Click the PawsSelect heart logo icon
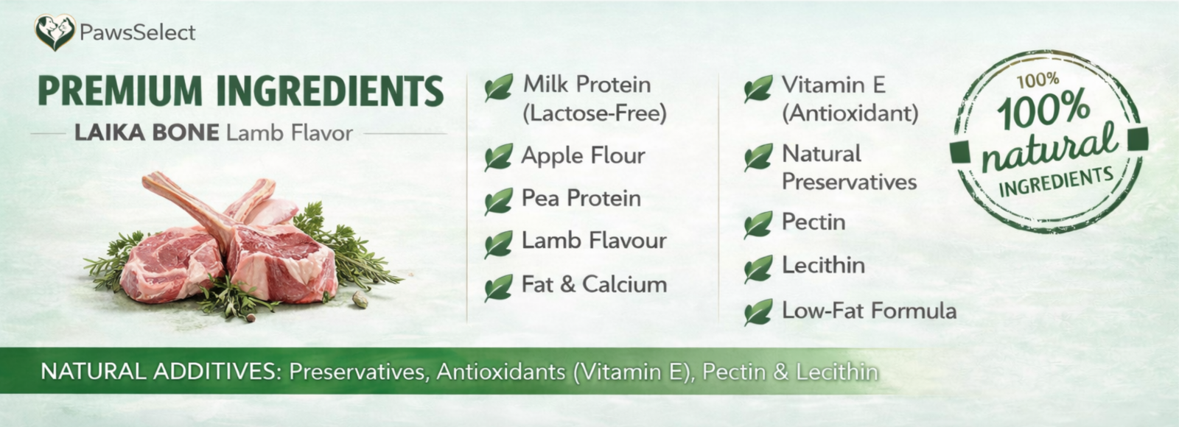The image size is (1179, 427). [x=55, y=32]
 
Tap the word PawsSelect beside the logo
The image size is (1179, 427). [x=137, y=32]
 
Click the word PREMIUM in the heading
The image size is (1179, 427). [x=120, y=91]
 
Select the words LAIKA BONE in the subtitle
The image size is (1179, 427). [x=147, y=133]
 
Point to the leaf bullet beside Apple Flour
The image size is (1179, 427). [x=498, y=157]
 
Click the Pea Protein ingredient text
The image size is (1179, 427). [x=581, y=198]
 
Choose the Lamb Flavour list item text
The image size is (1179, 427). [x=594, y=241]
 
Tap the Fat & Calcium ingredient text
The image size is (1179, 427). [x=594, y=284]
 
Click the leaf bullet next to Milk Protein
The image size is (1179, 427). [x=498, y=88]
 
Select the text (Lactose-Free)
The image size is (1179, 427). [x=595, y=113]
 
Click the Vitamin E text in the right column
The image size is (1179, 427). [x=833, y=85]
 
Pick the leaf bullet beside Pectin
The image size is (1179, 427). [x=758, y=225]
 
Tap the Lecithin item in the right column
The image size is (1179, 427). [x=823, y=265]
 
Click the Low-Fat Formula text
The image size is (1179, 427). [x=869, y=310]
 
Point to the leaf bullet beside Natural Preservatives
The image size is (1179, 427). [x=758, y=158]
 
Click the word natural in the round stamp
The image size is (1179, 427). [x=1049, y=149]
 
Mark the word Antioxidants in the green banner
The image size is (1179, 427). [x=501, y=372]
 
